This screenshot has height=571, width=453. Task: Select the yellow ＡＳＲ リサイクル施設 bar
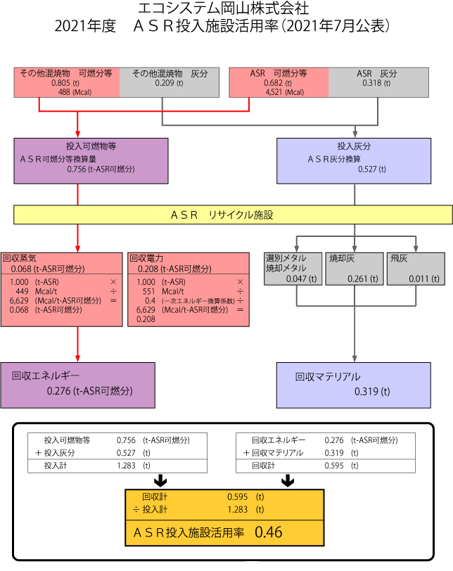233,214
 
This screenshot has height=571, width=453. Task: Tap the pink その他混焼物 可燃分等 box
67,82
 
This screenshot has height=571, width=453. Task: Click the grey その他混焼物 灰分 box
170,82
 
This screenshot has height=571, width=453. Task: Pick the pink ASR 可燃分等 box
279,82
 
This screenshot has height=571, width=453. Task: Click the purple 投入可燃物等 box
91,161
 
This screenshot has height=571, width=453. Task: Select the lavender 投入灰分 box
353,161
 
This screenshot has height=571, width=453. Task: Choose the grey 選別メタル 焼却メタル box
294,268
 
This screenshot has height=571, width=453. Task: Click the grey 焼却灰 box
355,268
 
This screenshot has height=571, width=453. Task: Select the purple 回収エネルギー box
77,385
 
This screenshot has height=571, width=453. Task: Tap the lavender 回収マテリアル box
353,385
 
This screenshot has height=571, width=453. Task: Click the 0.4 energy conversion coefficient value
148,300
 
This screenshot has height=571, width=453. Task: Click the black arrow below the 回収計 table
287,481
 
